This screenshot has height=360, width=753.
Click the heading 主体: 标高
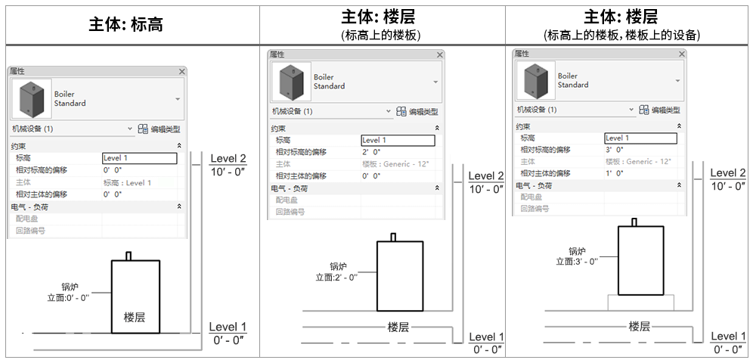click(x=126, y=24)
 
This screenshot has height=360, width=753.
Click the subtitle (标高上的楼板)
click(x=381, y=35)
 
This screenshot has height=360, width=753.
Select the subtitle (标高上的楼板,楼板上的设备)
click(x=622, y=35)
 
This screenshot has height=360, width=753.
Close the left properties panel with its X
click(x=181, y=71)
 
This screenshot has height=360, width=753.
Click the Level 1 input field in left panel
click(x=140, y=158)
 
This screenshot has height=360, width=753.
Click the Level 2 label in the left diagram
click(x=228, y=159)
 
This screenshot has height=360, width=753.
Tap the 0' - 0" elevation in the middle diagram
click(x=488, y=349)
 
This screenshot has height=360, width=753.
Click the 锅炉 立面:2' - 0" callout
click(x=336, y=272)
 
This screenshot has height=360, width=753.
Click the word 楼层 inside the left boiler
click(x=135, y=318)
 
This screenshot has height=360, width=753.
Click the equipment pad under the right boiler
click(x=641, y=302)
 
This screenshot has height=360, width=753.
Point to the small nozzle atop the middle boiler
click(x=393, y=237)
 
